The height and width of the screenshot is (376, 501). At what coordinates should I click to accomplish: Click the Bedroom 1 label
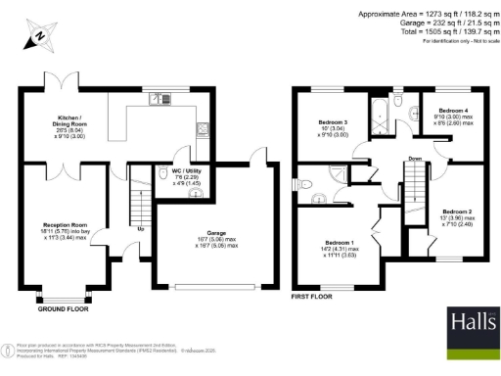click(340, 242)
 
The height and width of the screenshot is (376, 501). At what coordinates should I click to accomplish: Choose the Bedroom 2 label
click(456, 211)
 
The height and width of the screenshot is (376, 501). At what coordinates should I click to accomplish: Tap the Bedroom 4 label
click(452, 112)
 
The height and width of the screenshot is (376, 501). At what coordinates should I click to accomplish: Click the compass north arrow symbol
click(36, 34)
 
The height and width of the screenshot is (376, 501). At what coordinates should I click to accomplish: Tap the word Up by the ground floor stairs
click(143, 230)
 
